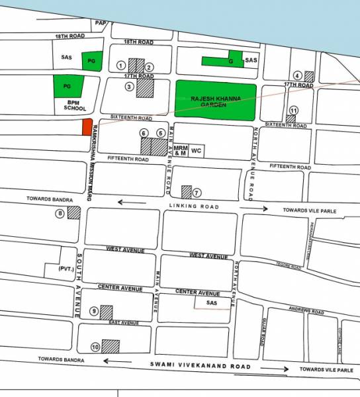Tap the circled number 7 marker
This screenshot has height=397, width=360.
(x=196, y=193)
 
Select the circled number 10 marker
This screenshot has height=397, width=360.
(x=95, y=346)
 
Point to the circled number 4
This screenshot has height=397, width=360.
(x=298, y=75)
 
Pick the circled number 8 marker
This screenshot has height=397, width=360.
(x=60, y=213)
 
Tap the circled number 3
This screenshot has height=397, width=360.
(x=130, y=86)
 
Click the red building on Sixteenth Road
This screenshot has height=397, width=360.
(x=86, y=127)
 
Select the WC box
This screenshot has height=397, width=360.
(x=196, y=151)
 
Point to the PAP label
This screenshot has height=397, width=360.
(x=101, y=23)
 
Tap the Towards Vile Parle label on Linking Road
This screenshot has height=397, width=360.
(x=310, y=210)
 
